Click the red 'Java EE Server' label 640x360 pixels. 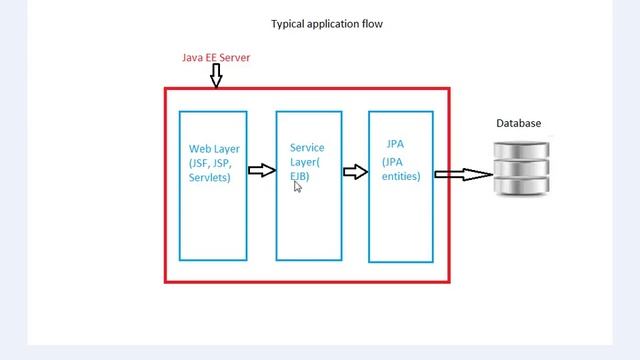click(x=215, y=58)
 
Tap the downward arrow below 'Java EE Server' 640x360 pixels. click(x=216, y=75)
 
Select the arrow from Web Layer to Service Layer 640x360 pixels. click(x=261, y=171)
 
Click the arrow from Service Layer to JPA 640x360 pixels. click(x=355, y=172)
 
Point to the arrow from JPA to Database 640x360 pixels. click(x=463, y=175)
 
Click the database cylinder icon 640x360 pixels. click(x=521, y=168)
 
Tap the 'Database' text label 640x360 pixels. click(x=519, y=123)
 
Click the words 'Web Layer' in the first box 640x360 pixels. click(x=214, y=149)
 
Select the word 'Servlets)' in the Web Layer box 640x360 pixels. click(x=210, y=177)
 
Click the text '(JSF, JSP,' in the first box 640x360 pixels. click(x=213, y=163)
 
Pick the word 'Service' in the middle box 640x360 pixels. click(x=307, y=148)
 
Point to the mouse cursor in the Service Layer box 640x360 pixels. click(x=298, y=186)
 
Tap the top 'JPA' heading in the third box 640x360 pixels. click(x=395, y=144)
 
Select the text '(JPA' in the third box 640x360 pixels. click(x=394, y=160)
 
